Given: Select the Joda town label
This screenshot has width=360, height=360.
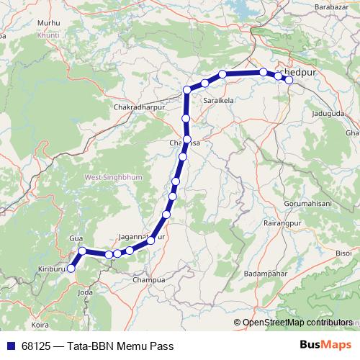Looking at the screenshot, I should click(x=85, y=292).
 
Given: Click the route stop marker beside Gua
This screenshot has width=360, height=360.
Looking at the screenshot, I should click(x=82, y=251).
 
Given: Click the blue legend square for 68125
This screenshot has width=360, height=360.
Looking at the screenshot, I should click(x=10, y=346).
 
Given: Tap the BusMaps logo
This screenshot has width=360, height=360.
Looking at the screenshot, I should click(x=327, y=346).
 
